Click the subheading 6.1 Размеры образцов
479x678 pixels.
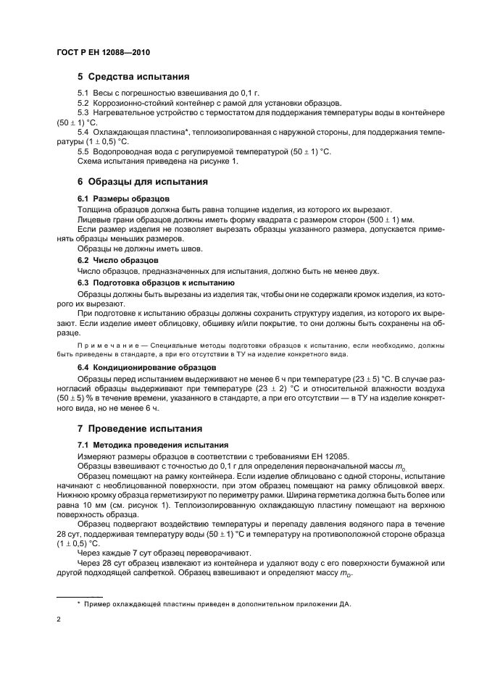(123, 198)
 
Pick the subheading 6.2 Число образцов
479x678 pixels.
(118, 259)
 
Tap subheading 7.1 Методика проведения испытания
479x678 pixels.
(153, 444)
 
